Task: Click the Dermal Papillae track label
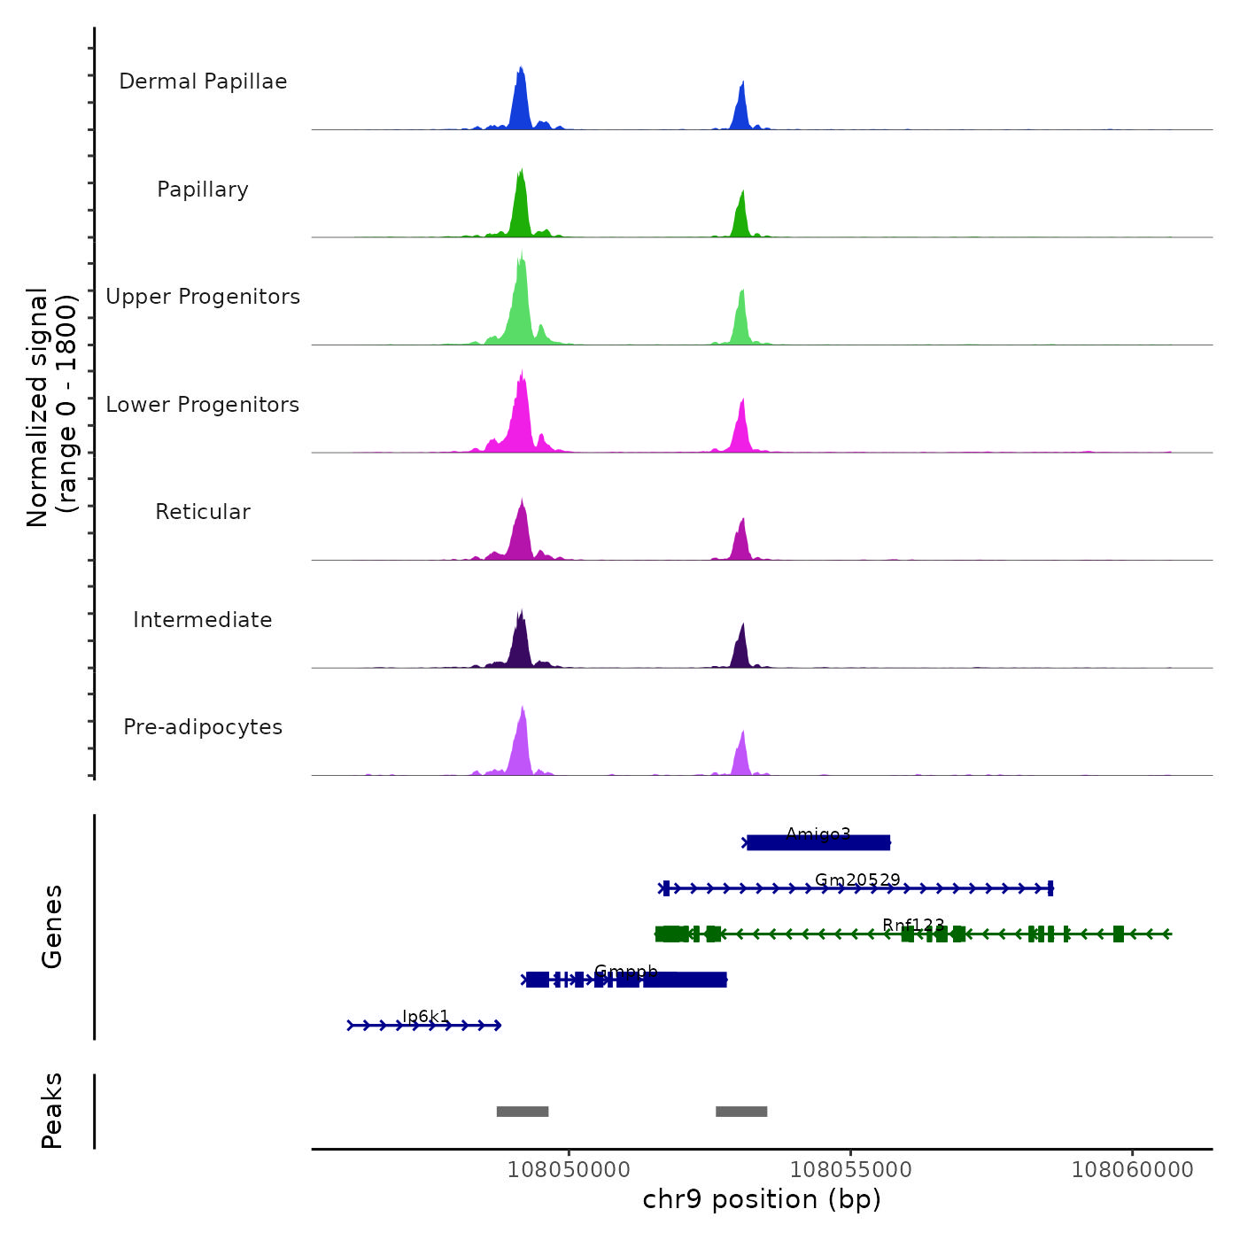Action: (x=203, y=81)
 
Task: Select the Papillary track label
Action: (x=203, y=190)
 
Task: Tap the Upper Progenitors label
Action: (x=203, y=297)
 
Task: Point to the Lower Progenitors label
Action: (x=203, y=405)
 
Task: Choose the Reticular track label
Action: (x=203, y=512)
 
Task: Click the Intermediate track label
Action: (x=203, y=620)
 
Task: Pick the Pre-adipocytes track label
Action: (x=203, y=727)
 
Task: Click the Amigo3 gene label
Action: (x=818, y=833)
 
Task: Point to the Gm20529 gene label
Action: (x=857, y=880)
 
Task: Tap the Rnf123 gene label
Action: (x=913, y=926)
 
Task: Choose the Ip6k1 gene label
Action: (x=426, y=1016)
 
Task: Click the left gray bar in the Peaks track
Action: (x=523, y=1112)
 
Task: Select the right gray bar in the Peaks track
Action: (x=741, y=1112)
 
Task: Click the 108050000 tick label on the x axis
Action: (x=569, y=1170)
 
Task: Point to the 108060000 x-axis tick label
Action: (x=1132, y=1170)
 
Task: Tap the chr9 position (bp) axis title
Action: (x=762, y=1199)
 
